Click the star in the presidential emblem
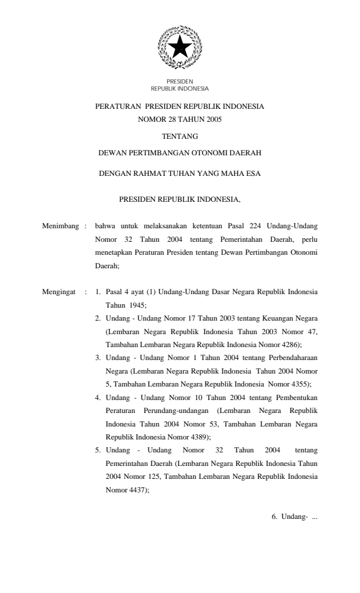coord(180,46)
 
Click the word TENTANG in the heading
coord(180,136)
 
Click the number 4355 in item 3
coord(296,384)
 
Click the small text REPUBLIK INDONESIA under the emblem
coord(180,89)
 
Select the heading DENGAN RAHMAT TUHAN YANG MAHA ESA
coord(180,174)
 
